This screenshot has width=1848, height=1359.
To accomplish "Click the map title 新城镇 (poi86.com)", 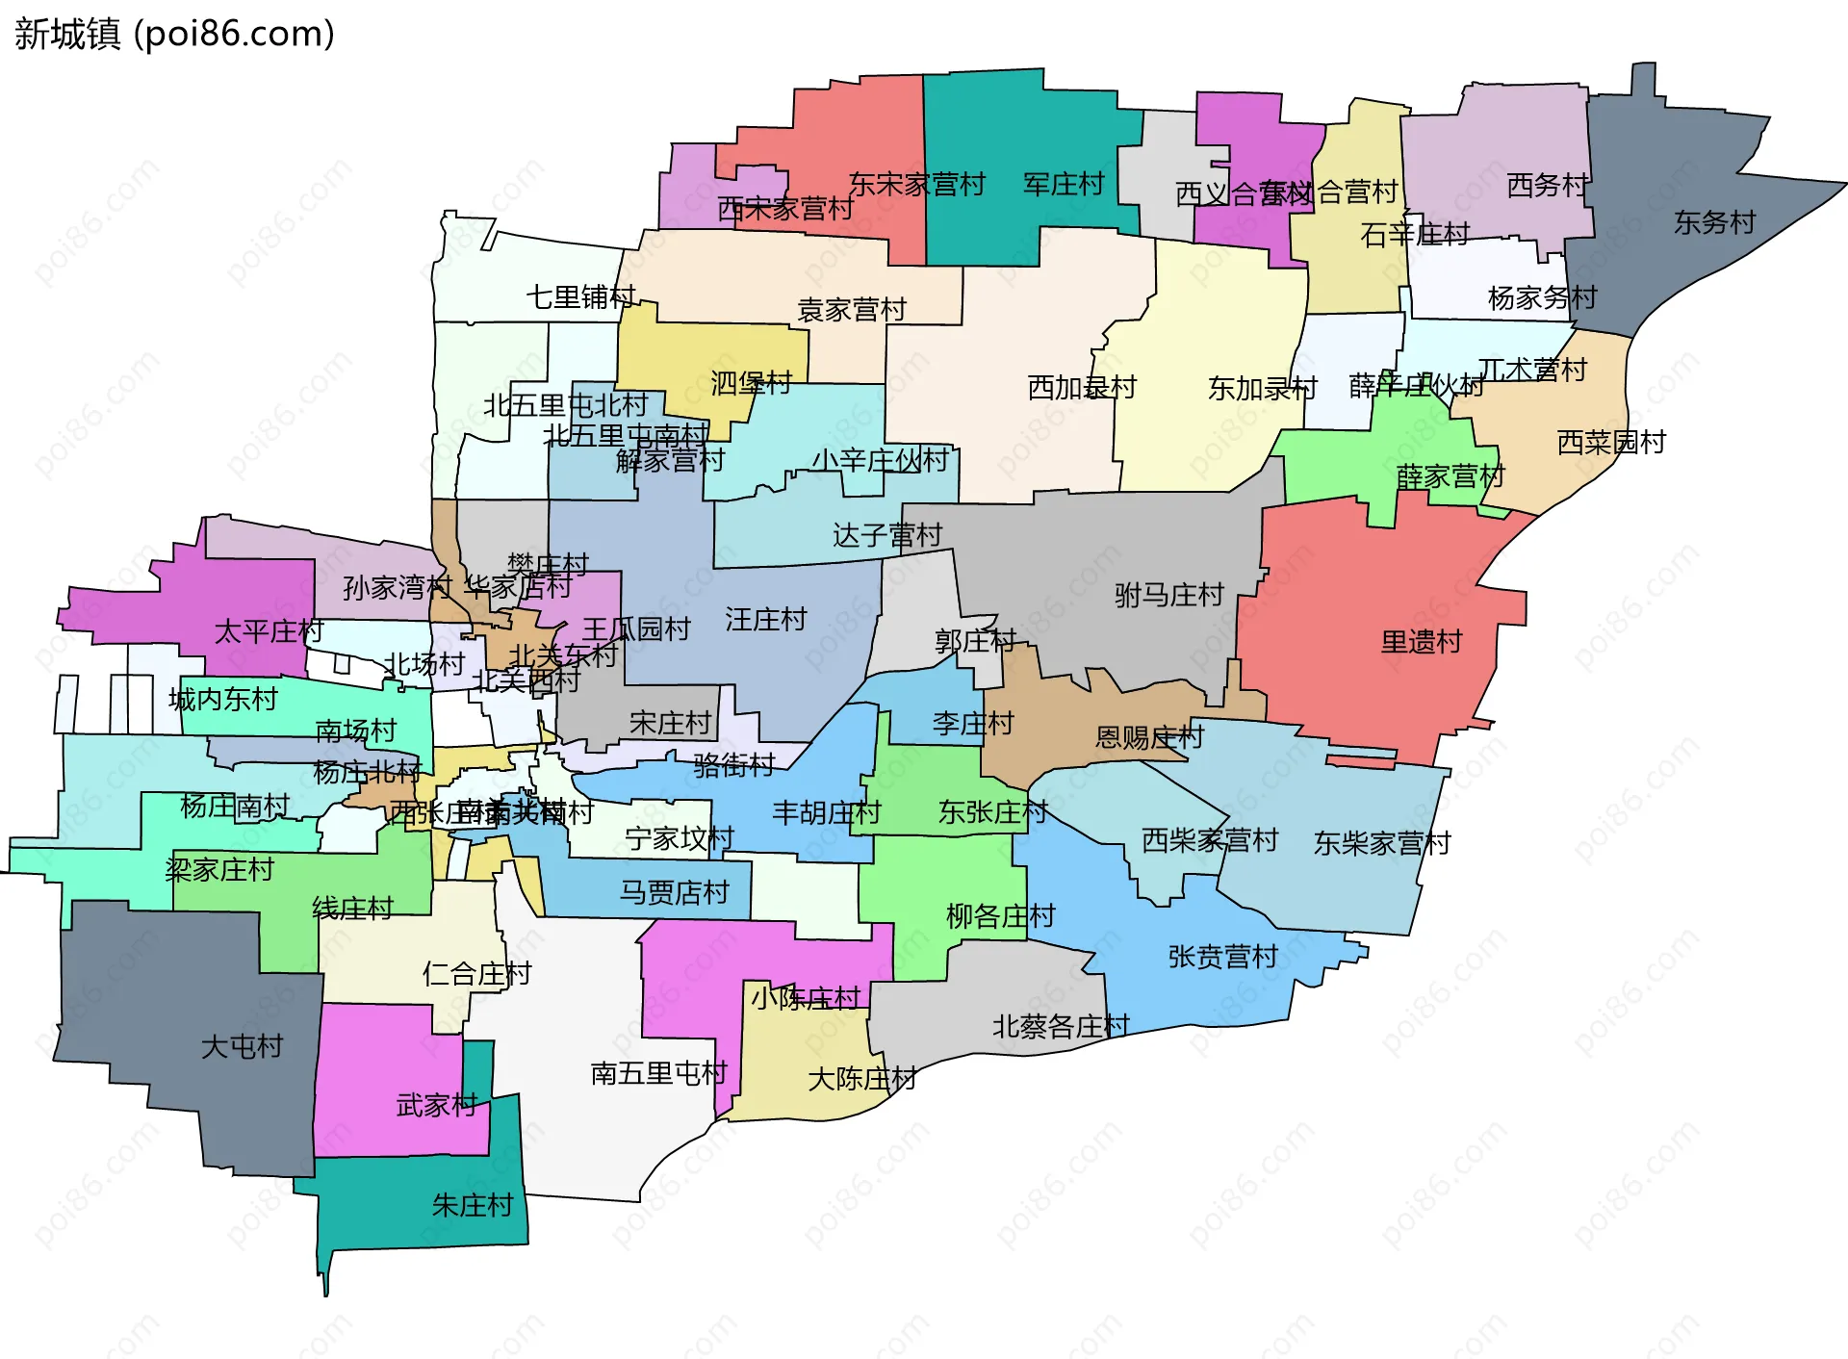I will coord(174,34).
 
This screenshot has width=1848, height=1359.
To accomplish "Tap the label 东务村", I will coord(1714,222).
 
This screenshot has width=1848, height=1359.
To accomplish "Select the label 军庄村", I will coord(1063,184).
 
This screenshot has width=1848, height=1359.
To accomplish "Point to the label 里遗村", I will coord(1421,642).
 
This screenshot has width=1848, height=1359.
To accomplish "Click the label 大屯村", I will coord(242,1046).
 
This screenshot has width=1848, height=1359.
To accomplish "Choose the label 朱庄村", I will coord(472,1205).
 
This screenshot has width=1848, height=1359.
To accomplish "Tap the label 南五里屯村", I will coord(658,1073).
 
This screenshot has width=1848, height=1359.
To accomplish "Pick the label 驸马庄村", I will coord(1168,596).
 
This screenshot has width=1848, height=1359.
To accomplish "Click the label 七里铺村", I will coord(580,297).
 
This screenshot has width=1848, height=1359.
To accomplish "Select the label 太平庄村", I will coord(269,632).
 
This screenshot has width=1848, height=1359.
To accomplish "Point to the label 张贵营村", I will coord(1222,957).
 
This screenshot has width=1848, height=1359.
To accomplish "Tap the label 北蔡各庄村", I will coord(1061,1027).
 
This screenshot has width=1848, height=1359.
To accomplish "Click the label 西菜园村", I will coord(1611,443).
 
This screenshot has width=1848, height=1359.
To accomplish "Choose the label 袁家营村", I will coord(852,310).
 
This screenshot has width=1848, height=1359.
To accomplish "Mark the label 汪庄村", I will coord(765,620).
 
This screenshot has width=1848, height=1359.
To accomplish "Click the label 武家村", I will coord(437,1105).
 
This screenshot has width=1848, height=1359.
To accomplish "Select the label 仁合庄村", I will coord(476,974).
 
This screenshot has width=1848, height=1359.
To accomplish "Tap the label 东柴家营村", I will coord(1382,844).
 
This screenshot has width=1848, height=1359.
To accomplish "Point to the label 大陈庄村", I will coord(861,1079).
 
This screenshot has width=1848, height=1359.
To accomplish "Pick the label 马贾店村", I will coord(674,893).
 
